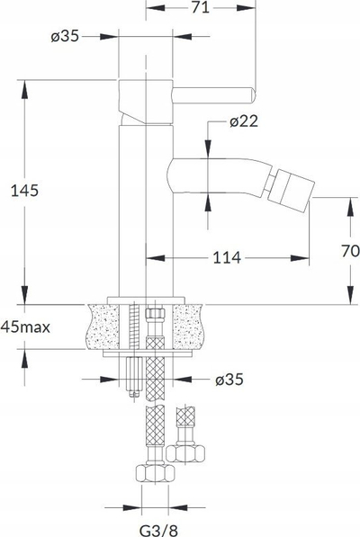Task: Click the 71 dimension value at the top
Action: pos(201,7)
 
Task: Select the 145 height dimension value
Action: pos(24,191)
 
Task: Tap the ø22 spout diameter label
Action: pos(244,121)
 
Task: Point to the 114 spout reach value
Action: pos(227,257)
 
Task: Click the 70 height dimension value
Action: pos(350,251)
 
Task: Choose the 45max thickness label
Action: pos(25,327)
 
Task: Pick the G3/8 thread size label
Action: pos(158,531)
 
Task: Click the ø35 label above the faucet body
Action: pos(65,36)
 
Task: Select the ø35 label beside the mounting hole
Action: pos(229,380)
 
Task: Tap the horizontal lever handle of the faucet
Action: pos(214,94)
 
